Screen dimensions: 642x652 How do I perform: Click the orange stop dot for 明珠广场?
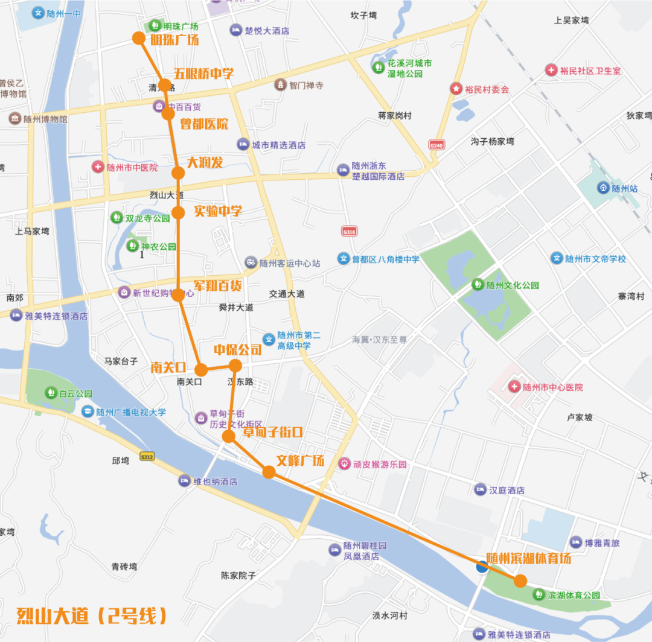point(139,39)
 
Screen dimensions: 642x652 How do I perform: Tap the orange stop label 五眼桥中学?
point(203,74)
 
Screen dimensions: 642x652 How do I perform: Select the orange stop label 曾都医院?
point(204,124)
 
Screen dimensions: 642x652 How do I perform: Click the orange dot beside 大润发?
point(178,173)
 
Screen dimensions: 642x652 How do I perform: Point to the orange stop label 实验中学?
point(217,211)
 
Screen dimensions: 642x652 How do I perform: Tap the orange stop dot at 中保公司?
point(235,365)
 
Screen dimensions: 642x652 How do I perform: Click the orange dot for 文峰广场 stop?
point(269,472)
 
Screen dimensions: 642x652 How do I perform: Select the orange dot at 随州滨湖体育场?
point(520,580)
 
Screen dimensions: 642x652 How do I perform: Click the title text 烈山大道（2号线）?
point(92,616)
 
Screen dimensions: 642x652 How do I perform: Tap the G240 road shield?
point(436,145)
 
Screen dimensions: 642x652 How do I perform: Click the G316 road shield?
point(349,232)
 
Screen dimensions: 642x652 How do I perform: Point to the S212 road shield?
point(147,456)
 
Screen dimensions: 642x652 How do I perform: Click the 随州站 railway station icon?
point(602,188)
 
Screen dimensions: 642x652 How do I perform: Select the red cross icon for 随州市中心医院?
point(514,387)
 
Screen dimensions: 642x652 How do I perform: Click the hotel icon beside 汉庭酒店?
point(481,490)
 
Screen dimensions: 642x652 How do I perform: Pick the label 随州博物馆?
point(45,119)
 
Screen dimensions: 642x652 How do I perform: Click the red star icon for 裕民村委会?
point(456,89)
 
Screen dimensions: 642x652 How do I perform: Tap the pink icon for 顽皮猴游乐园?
point(345,464)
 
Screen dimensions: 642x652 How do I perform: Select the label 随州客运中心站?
point(290,263)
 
